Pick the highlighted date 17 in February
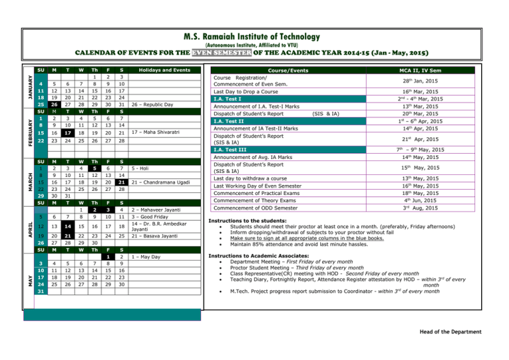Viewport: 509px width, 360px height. (x=58, y=152)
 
